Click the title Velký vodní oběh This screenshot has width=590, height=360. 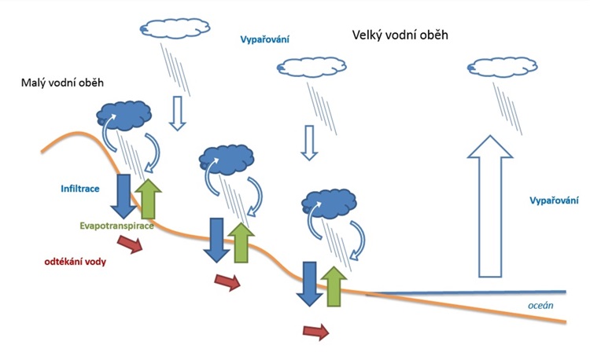399,36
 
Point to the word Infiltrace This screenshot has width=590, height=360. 83,189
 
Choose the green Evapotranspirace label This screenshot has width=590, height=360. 116,226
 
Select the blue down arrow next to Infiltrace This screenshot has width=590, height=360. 124,195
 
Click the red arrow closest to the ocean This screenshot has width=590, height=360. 316,332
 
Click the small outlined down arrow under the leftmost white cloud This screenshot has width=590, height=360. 178,114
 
